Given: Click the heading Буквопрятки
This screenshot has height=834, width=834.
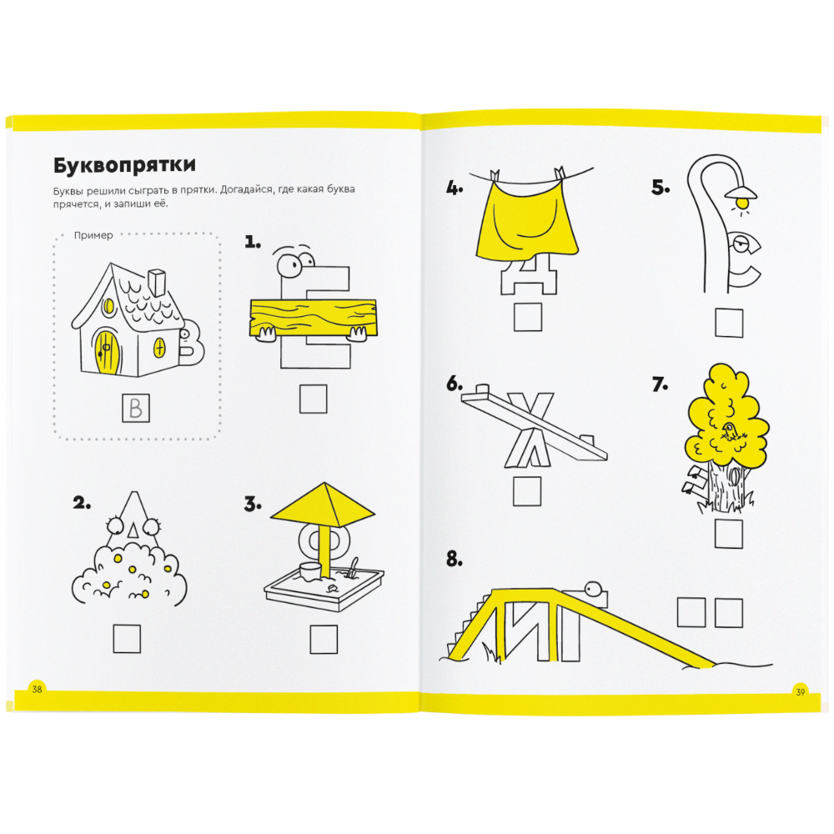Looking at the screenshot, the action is pyautogui.click(x=124, y=165).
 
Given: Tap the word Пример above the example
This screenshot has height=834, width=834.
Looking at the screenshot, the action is pyautogui.click(x=93, y=235).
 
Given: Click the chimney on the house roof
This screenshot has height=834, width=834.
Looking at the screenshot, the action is pyautogui.click(x=158, y=282).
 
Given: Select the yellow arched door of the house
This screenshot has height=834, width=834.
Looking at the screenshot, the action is pyautogui.click(x=107, y=352).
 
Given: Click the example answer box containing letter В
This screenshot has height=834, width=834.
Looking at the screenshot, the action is pyautogui.click(x=136, y=408).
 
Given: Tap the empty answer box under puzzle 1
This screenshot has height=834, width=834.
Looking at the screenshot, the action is pyautogui.click(x=314, y=399).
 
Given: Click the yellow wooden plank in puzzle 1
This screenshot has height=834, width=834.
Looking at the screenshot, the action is pyautogui.click(x=314, y=318).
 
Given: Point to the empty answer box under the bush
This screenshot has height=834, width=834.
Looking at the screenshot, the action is pyautogui.click(x=127, y=638).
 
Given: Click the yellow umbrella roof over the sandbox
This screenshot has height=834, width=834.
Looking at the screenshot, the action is pyautogui.click(x=323, y=504).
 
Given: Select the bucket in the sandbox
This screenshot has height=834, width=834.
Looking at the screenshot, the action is pyautogui.click(x=310, y=571).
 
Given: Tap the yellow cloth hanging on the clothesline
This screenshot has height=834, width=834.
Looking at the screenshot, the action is pyautogui.click(x=525, y=220).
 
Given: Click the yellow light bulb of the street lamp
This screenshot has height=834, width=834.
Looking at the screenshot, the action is pyautogui.click(x=742, y=202).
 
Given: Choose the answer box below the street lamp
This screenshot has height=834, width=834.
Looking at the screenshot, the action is pyautogui.click(x=729, y=322).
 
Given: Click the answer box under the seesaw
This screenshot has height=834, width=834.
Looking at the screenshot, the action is pyautogui.click(x=526, y=490).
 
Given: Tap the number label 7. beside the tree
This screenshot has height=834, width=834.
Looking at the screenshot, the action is pyautogui.click(x=660, y=384).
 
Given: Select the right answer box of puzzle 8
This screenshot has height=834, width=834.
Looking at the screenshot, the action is pyautogui.click(x=729, y=613).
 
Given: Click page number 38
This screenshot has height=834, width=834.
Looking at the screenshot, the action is pyautogui.click(x=37, y=690).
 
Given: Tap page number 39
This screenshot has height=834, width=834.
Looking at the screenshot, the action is pyautogui.click(x=801, y=692).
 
